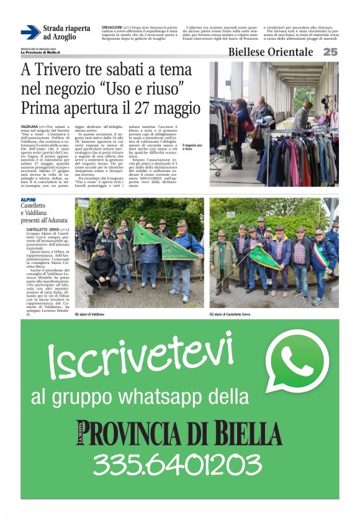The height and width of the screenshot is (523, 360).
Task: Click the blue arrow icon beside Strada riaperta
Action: [x=30, y=32]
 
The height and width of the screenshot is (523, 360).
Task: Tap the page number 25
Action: [x=330, y=52]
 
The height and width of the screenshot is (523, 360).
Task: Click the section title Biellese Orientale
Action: [x=271, y=52]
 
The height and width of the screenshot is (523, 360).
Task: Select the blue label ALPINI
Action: [x=29, y=199]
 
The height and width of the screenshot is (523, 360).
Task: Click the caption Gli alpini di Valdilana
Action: [x=89, y=315]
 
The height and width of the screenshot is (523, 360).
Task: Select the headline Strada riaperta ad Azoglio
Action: [x=66, y=32]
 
